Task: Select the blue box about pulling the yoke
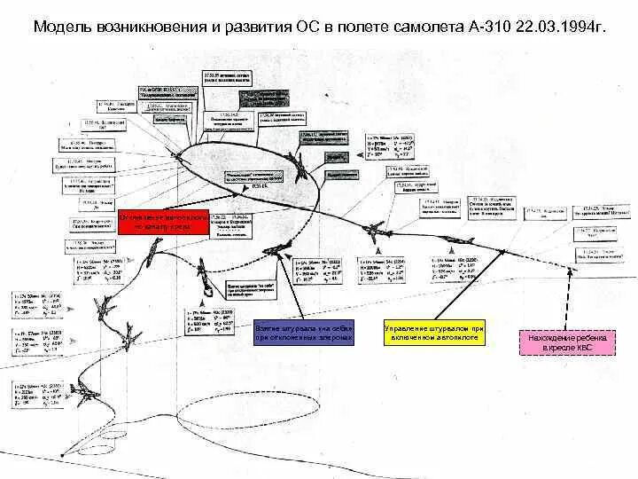(x=304, y=333)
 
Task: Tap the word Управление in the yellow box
(x=411, y=329)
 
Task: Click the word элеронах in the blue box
(x=331, y=338)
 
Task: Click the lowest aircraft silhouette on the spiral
(x=85, y=389)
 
